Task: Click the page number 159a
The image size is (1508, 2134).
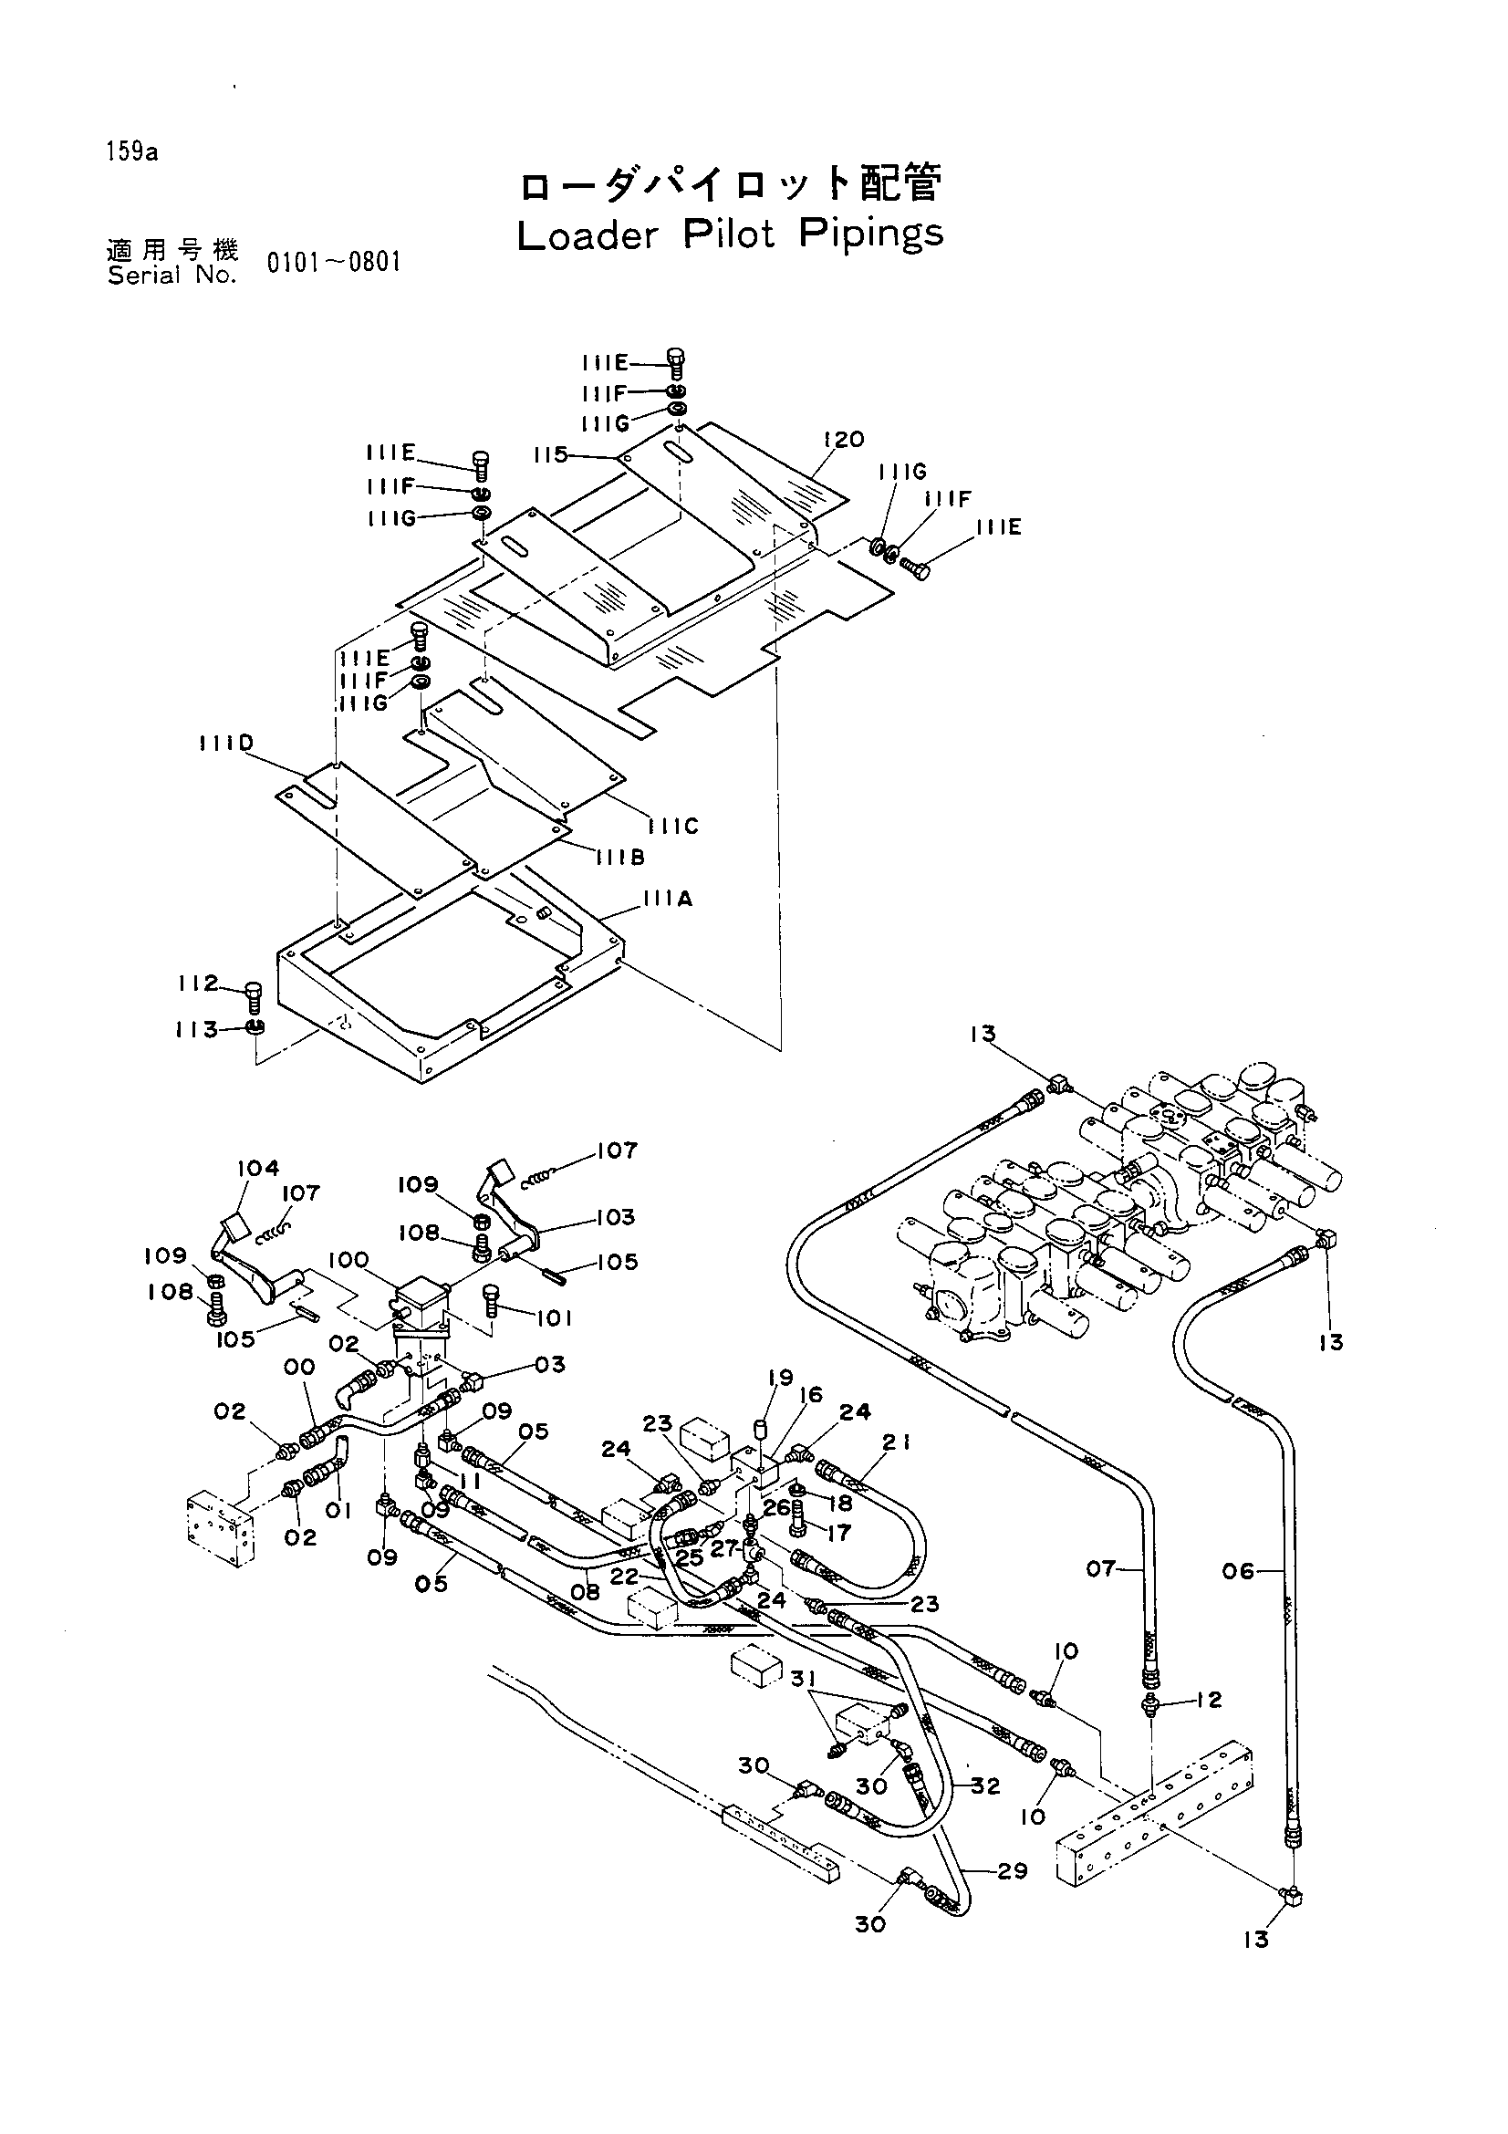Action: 132,152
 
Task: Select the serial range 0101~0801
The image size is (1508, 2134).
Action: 334,263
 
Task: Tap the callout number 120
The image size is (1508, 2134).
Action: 844,439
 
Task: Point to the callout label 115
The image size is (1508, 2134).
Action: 551,454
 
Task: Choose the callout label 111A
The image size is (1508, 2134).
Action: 667,899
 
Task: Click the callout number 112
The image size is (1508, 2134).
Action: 198,983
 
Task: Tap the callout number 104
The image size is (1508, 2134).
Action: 258,1168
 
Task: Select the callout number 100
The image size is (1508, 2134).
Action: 348,1261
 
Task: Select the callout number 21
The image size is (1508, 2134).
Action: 897,1442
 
